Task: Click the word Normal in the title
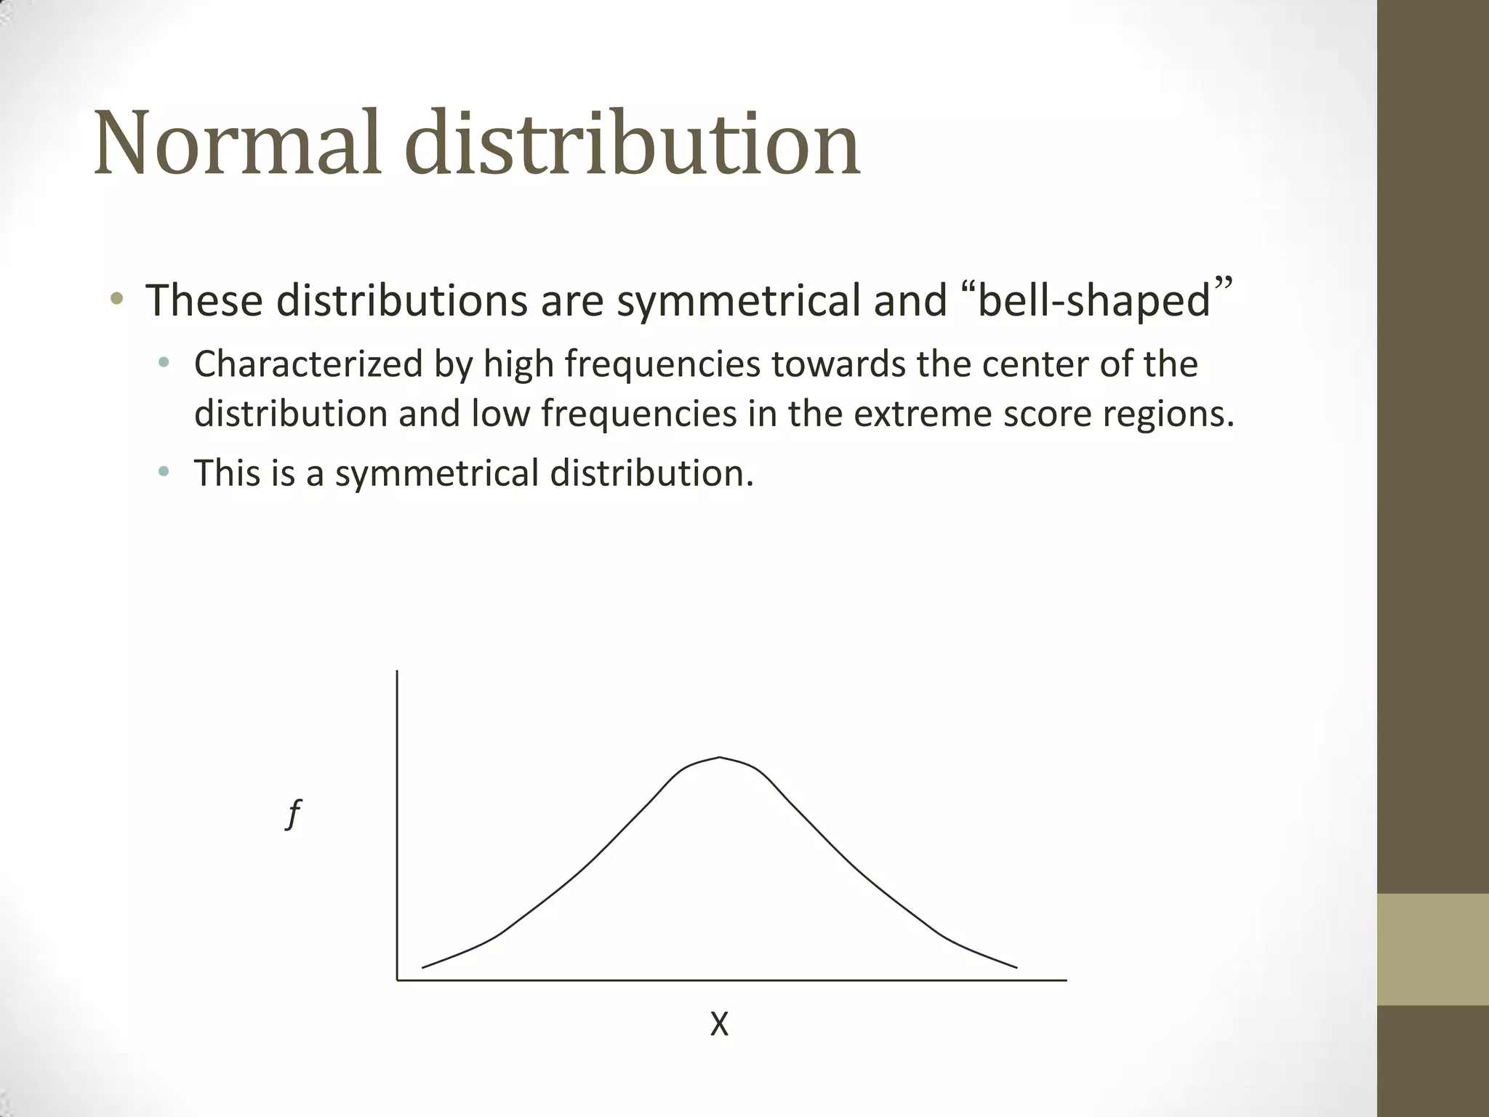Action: (237, 143)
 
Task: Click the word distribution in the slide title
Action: (632, 143)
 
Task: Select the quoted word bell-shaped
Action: (1094, 300)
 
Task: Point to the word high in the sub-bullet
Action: (518, 364)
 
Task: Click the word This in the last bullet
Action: (222, 473)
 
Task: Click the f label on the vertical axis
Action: (294, 814)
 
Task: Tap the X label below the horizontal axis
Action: (719, 1025)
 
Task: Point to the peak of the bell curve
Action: (719, 758)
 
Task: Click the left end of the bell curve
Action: (423, 967)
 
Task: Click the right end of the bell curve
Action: (1016, 967)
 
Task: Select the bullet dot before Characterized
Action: (164, 363)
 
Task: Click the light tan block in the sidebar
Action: (1432, 949)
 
